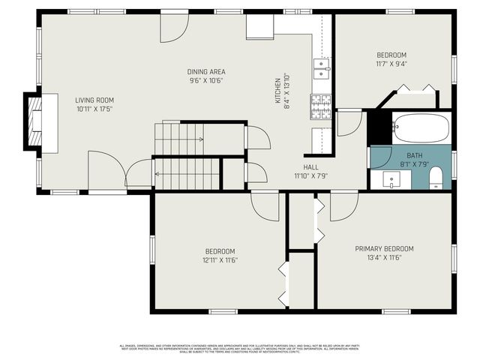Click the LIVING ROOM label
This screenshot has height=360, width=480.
(x=94, y=100)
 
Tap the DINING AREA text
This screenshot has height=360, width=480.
(x=205, y=72)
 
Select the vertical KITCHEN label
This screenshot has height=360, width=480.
(x=277, y=91)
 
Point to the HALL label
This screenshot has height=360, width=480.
(x=311, y=167)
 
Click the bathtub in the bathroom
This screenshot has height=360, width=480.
(x=421, y=127)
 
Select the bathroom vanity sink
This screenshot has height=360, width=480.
(x=392, y=180)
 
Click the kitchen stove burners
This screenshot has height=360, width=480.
(x=322, y=107)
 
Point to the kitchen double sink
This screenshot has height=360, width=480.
(x=322, y=69)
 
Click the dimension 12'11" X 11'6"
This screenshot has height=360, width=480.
(x=220, y=259)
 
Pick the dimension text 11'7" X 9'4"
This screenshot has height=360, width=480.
(x=391, y=64)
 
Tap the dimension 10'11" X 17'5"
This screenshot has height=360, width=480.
(x=94, y=109)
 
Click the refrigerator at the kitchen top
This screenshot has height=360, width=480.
(x=260, y=26)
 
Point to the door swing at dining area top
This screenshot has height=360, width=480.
(x=173, y=28)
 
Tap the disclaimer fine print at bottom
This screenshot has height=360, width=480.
(x=240, y=348)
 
